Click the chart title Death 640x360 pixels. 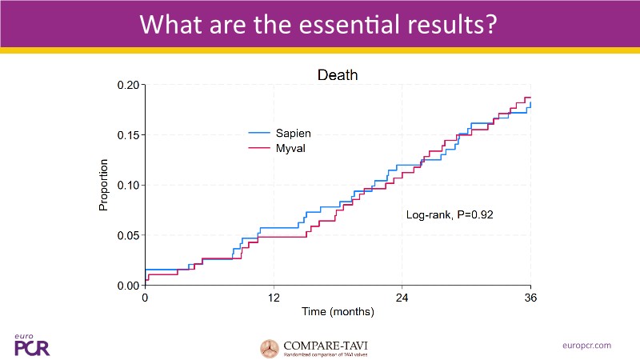(x=337, y=75)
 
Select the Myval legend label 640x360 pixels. (x=290, y=148)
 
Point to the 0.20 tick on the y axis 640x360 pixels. (x=129, y=85)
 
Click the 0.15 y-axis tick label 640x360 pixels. (x=129, y=135)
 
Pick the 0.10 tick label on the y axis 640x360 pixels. (x=129, y=185)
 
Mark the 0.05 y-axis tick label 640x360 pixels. (x=129, y=235)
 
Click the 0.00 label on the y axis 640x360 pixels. (x=129, y=286)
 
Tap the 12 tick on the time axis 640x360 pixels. (x=274, y=298)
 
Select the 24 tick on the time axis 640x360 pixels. (x=402, y=298)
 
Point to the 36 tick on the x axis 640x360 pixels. (x=530, y=298)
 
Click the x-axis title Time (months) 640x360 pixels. (x=337, y=311)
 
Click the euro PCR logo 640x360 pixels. (x=31, y=345)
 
